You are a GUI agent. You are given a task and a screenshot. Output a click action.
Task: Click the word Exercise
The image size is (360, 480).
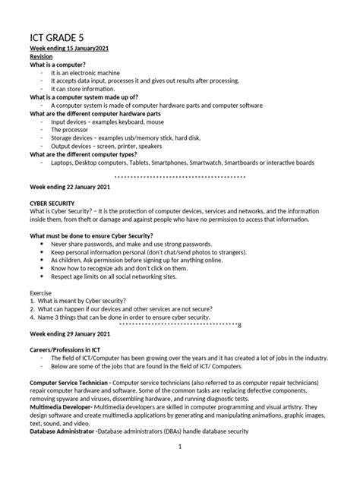42,293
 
